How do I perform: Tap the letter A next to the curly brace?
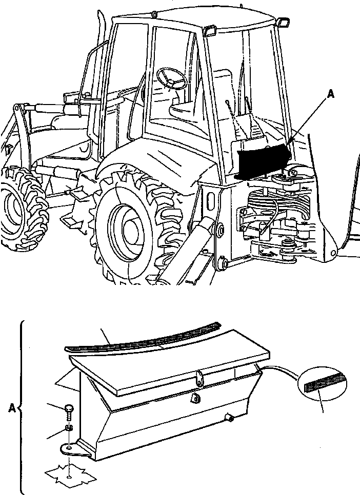(12, 408)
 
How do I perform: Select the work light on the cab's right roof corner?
(282, 21)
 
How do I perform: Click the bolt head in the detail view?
(70, 409)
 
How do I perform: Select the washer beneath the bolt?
(69, 427)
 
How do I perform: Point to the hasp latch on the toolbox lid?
(198, 379)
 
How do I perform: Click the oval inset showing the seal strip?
(322, 384)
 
